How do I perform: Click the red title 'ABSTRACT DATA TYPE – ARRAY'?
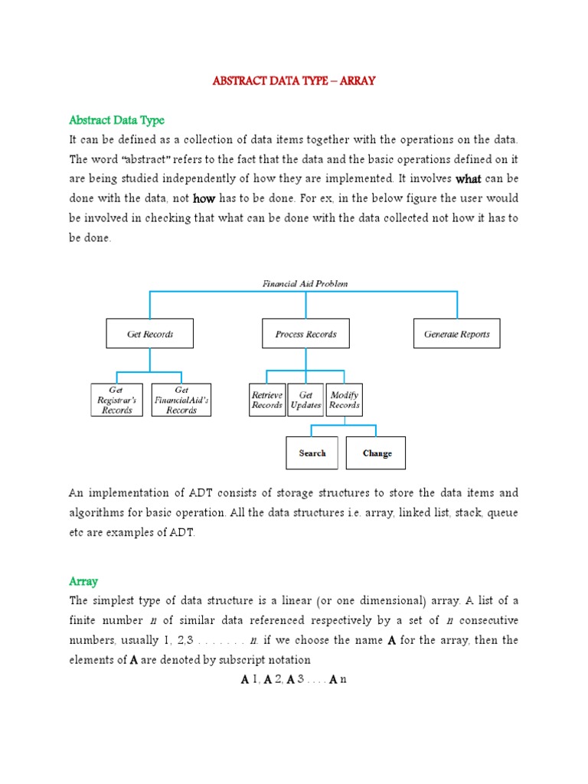coord(294,80)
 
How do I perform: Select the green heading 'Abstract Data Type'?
coord(116,120)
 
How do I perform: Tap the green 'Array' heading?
coord(83,581)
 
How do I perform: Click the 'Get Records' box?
coord(149,334)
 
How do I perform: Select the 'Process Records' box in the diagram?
coord(305,334)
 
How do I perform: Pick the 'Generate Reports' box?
coord(457,334)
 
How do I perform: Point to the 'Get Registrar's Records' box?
coord(116,400)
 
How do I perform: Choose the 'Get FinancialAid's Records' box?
coord(181,400)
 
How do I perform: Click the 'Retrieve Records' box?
coord(267,400)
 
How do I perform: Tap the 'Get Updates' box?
coord(305,400)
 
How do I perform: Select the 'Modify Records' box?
coord(345,400)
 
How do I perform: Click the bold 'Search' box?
coord(312,453)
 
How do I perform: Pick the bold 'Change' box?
coord(376,453)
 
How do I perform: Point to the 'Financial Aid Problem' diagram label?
coord(305,283)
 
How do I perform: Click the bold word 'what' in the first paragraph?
coord(468,179)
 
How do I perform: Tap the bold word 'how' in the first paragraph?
coord(204,198)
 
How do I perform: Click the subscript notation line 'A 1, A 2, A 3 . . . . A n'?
coord(294,679)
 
